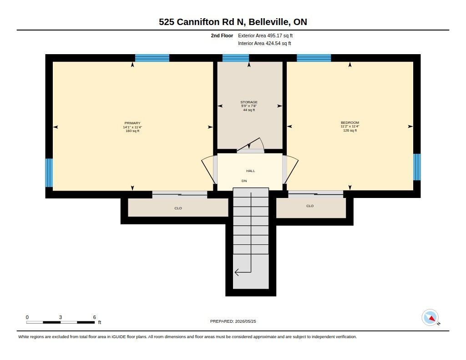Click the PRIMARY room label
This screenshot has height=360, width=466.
pos(132,123)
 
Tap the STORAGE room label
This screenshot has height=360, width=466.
pos(249,102)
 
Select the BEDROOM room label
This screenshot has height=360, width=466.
pos(350,122)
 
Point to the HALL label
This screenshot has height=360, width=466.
pos(251,171)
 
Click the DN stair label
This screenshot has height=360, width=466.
pos(244,181)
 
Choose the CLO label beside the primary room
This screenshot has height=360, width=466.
pos(178,208)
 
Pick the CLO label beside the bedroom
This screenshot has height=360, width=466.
pos(310,206)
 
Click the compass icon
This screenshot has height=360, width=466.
pos(431,318)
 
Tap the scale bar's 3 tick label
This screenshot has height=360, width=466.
pos(61,317)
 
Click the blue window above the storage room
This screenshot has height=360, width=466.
pos(236,58)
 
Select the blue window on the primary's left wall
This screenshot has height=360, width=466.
pos(49,172)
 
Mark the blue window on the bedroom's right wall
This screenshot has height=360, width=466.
pos(417,167)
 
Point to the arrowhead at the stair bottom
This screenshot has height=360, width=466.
pos(237,272)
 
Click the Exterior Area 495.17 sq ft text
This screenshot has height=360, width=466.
pos(265,35)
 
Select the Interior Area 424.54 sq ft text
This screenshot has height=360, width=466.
pos(264,43)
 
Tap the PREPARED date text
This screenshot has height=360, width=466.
pos(233,321)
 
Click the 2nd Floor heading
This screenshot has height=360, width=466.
pos(222,35)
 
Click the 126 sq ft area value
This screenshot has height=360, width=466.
pos(350,130)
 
